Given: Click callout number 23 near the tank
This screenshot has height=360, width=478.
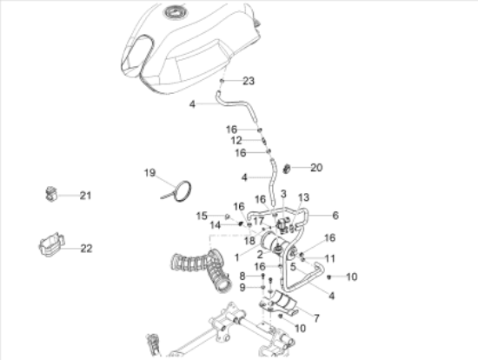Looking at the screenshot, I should pyautogui.click(x=249, y=81).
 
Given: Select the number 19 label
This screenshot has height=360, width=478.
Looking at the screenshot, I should pyautogui.click(x=149, y=173).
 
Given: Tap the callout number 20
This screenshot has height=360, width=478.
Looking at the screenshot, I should pyautogui.click(x=315, y=167).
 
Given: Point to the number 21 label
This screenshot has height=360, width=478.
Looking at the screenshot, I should pyautogui.click(x=85, y=195).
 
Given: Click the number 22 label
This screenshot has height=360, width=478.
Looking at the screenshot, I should pyautogui.click(x=85, y=248).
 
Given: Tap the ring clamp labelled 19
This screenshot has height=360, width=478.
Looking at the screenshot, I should pyautogui.click(x=182, y=190).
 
